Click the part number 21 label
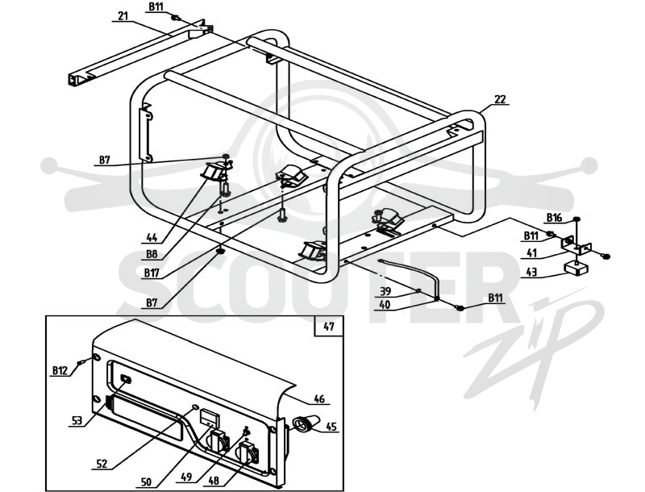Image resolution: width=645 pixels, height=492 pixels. pos(123,15)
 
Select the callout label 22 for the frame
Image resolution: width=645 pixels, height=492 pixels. pos(500,99)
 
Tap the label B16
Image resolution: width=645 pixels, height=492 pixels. pos(554,217)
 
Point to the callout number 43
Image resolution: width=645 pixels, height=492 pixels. pos(531,272)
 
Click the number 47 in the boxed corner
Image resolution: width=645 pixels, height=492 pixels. pos(329,327)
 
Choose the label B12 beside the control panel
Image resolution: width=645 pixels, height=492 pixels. pos(60,370)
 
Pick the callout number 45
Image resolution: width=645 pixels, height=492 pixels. pos(331,427)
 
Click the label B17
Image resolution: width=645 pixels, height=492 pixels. pos(152,273)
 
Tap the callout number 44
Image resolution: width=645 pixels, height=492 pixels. pos(152,237)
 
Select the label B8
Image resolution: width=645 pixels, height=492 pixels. pos(152,254)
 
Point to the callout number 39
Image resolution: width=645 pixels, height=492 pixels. pos(385,291)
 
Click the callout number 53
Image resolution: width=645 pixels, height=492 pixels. pos(77,420)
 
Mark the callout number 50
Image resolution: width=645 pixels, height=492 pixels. pos(146,482)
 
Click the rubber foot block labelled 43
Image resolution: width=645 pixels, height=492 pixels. pos(576,269)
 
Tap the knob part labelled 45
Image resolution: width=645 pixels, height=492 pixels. pos(306,423)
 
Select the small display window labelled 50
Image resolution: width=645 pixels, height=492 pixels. pos(210,418)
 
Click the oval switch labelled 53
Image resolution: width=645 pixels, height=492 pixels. pos(126,379)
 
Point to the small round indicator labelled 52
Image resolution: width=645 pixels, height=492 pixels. pos(194,407)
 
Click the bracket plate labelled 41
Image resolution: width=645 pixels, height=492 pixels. pos(576,244)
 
